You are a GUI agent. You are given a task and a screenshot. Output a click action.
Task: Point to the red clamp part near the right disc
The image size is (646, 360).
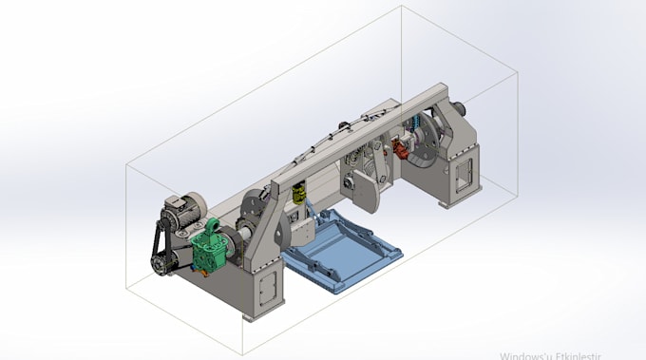tap(403, 148)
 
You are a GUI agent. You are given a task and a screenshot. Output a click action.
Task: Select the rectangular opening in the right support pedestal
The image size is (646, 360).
tap(464, 172)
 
